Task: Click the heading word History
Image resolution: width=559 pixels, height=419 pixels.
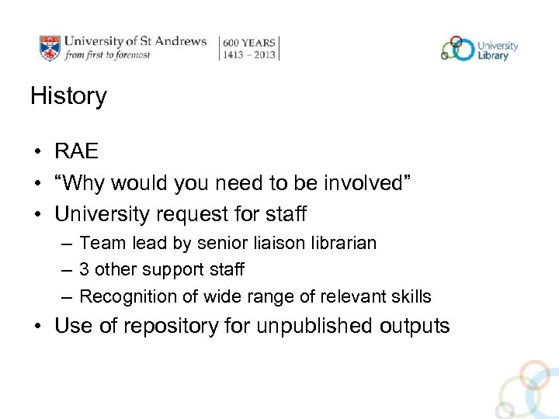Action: click(x=68, y=96)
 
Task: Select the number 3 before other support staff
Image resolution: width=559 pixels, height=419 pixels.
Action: click(x=85, y=270)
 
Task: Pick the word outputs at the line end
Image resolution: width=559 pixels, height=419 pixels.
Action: click(x=415, y=326)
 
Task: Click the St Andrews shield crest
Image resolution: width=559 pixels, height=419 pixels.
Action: click(x=49, y=47)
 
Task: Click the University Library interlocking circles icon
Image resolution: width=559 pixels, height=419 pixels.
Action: click(x=457, y=48)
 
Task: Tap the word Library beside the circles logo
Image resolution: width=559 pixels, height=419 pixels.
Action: click(x=494, y=55)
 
